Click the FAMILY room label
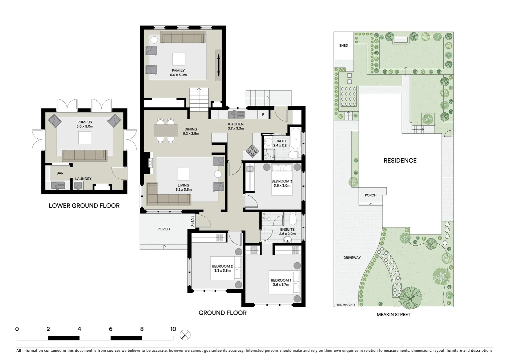point(178,71)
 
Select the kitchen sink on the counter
point(236,115)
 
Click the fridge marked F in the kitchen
point(263,115)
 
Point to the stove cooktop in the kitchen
point(252,151)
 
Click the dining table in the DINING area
point(166,131)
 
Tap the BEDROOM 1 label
point(281,280)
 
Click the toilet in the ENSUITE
point(292,219)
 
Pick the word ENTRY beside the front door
point(192,221)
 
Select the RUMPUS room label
point(85,122)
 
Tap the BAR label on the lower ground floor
point(60,173)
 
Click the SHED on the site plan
point(344,45)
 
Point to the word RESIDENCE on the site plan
point(400,161)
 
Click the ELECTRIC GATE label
point(346,305)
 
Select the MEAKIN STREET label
point(393,314)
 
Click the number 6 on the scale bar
point(110,329)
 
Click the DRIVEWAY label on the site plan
point(352,258)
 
